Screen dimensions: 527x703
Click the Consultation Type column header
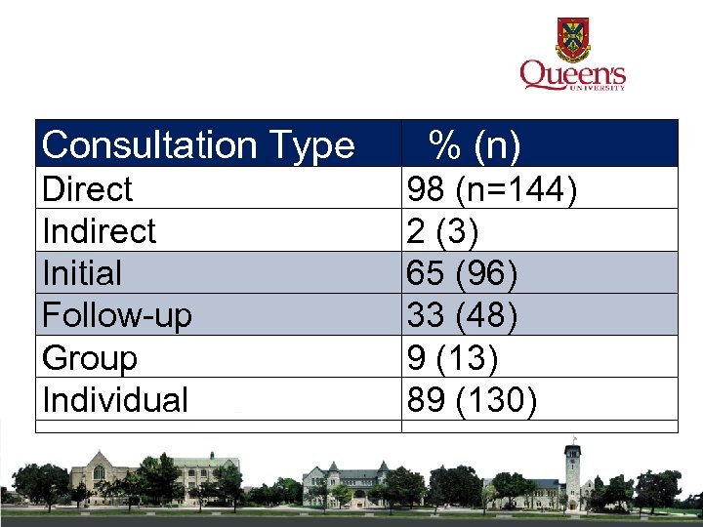click(198, 145)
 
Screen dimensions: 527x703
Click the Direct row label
click(88, 188)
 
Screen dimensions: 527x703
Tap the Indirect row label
click(100, 231)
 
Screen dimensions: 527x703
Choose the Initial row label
click(82, 273)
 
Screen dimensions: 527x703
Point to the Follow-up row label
click(117, 315)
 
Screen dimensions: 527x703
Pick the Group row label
click(90, 357)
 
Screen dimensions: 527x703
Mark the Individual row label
click(115, 399)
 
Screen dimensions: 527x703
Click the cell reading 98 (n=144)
click(491, 188)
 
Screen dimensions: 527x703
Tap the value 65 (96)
click(462, 273)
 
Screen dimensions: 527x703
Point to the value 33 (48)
click(462, 315)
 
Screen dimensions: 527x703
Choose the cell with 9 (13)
click(452, 357)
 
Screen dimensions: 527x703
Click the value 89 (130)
click(472, 399)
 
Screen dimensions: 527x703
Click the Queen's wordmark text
click(572, 74)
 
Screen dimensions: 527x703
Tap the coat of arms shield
click(573, 38)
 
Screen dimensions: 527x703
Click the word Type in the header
click(315, 145)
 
